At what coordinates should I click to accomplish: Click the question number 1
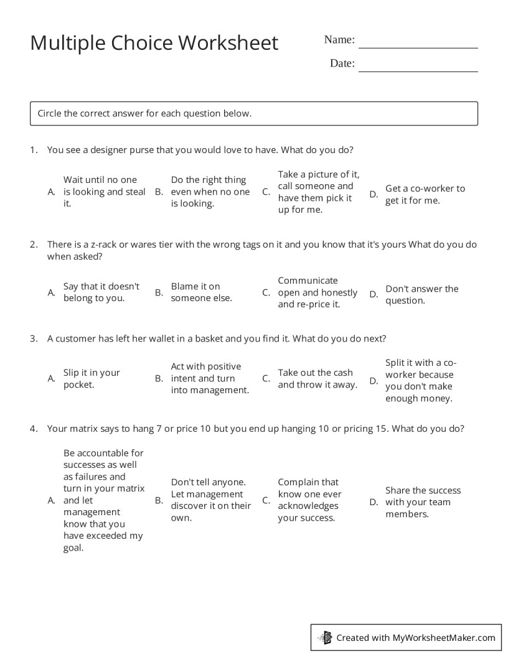click(x=33, y=149)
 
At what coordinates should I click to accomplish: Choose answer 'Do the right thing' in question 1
click(x=210, y=192)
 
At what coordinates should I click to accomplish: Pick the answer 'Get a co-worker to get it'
click(x=425, y=194)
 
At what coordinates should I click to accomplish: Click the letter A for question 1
click(x=52, y=192)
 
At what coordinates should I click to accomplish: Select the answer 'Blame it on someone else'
click(x=201, y=292)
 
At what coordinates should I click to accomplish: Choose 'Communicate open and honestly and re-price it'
click(x=317, y=292)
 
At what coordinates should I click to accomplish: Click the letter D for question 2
click(x=374, y=294)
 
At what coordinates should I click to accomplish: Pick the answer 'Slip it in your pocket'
click(x=92, y=378)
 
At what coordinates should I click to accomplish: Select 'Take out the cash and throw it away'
click(x=317, y=378)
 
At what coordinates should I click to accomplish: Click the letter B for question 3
click(x=159, y=378)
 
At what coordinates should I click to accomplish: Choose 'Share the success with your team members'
click(x=423, y=502)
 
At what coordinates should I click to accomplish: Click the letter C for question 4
click(x=266, y=500)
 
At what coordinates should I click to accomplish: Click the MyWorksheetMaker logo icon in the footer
click(x=325, y=637)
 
